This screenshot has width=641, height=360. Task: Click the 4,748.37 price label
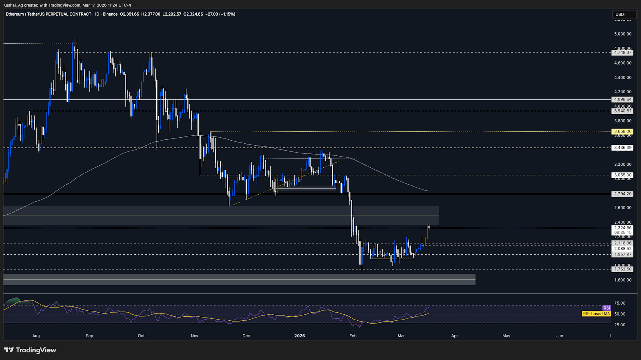click(x=623, y=52)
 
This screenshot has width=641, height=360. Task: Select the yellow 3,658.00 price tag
click(x=623, y=131)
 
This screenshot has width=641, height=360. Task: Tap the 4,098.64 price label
click(x=623, y=99)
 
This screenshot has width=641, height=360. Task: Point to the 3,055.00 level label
click(x=623, y=175)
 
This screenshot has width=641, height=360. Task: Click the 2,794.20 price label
click(x=623, y=194)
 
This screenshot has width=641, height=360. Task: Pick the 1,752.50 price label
click(x=623, y=269)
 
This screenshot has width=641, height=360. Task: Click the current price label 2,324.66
click(x=623, y=228)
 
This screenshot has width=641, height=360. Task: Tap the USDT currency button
click(x=621, y=14)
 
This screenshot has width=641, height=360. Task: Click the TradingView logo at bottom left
click(x=30, y=350)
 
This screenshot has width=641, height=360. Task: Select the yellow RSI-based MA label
click(x=597, y=314)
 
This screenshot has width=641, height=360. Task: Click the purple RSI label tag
click(x=607, y=308)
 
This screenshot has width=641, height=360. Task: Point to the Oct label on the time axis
click(x=141, y=336)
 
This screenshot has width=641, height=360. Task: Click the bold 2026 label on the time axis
click(x=299, y=336)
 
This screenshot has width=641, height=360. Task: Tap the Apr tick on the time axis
click(x=454, y=336)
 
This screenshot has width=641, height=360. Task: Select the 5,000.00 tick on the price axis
click(x=623, y=34)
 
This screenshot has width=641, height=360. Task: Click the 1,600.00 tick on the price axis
click(x=623, y=280)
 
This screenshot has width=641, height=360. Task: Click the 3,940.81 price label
click(x=623, y=111)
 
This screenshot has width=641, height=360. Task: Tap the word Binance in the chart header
click(x=110, y=14)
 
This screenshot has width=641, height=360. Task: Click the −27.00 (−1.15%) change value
click(x=220, y=14)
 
